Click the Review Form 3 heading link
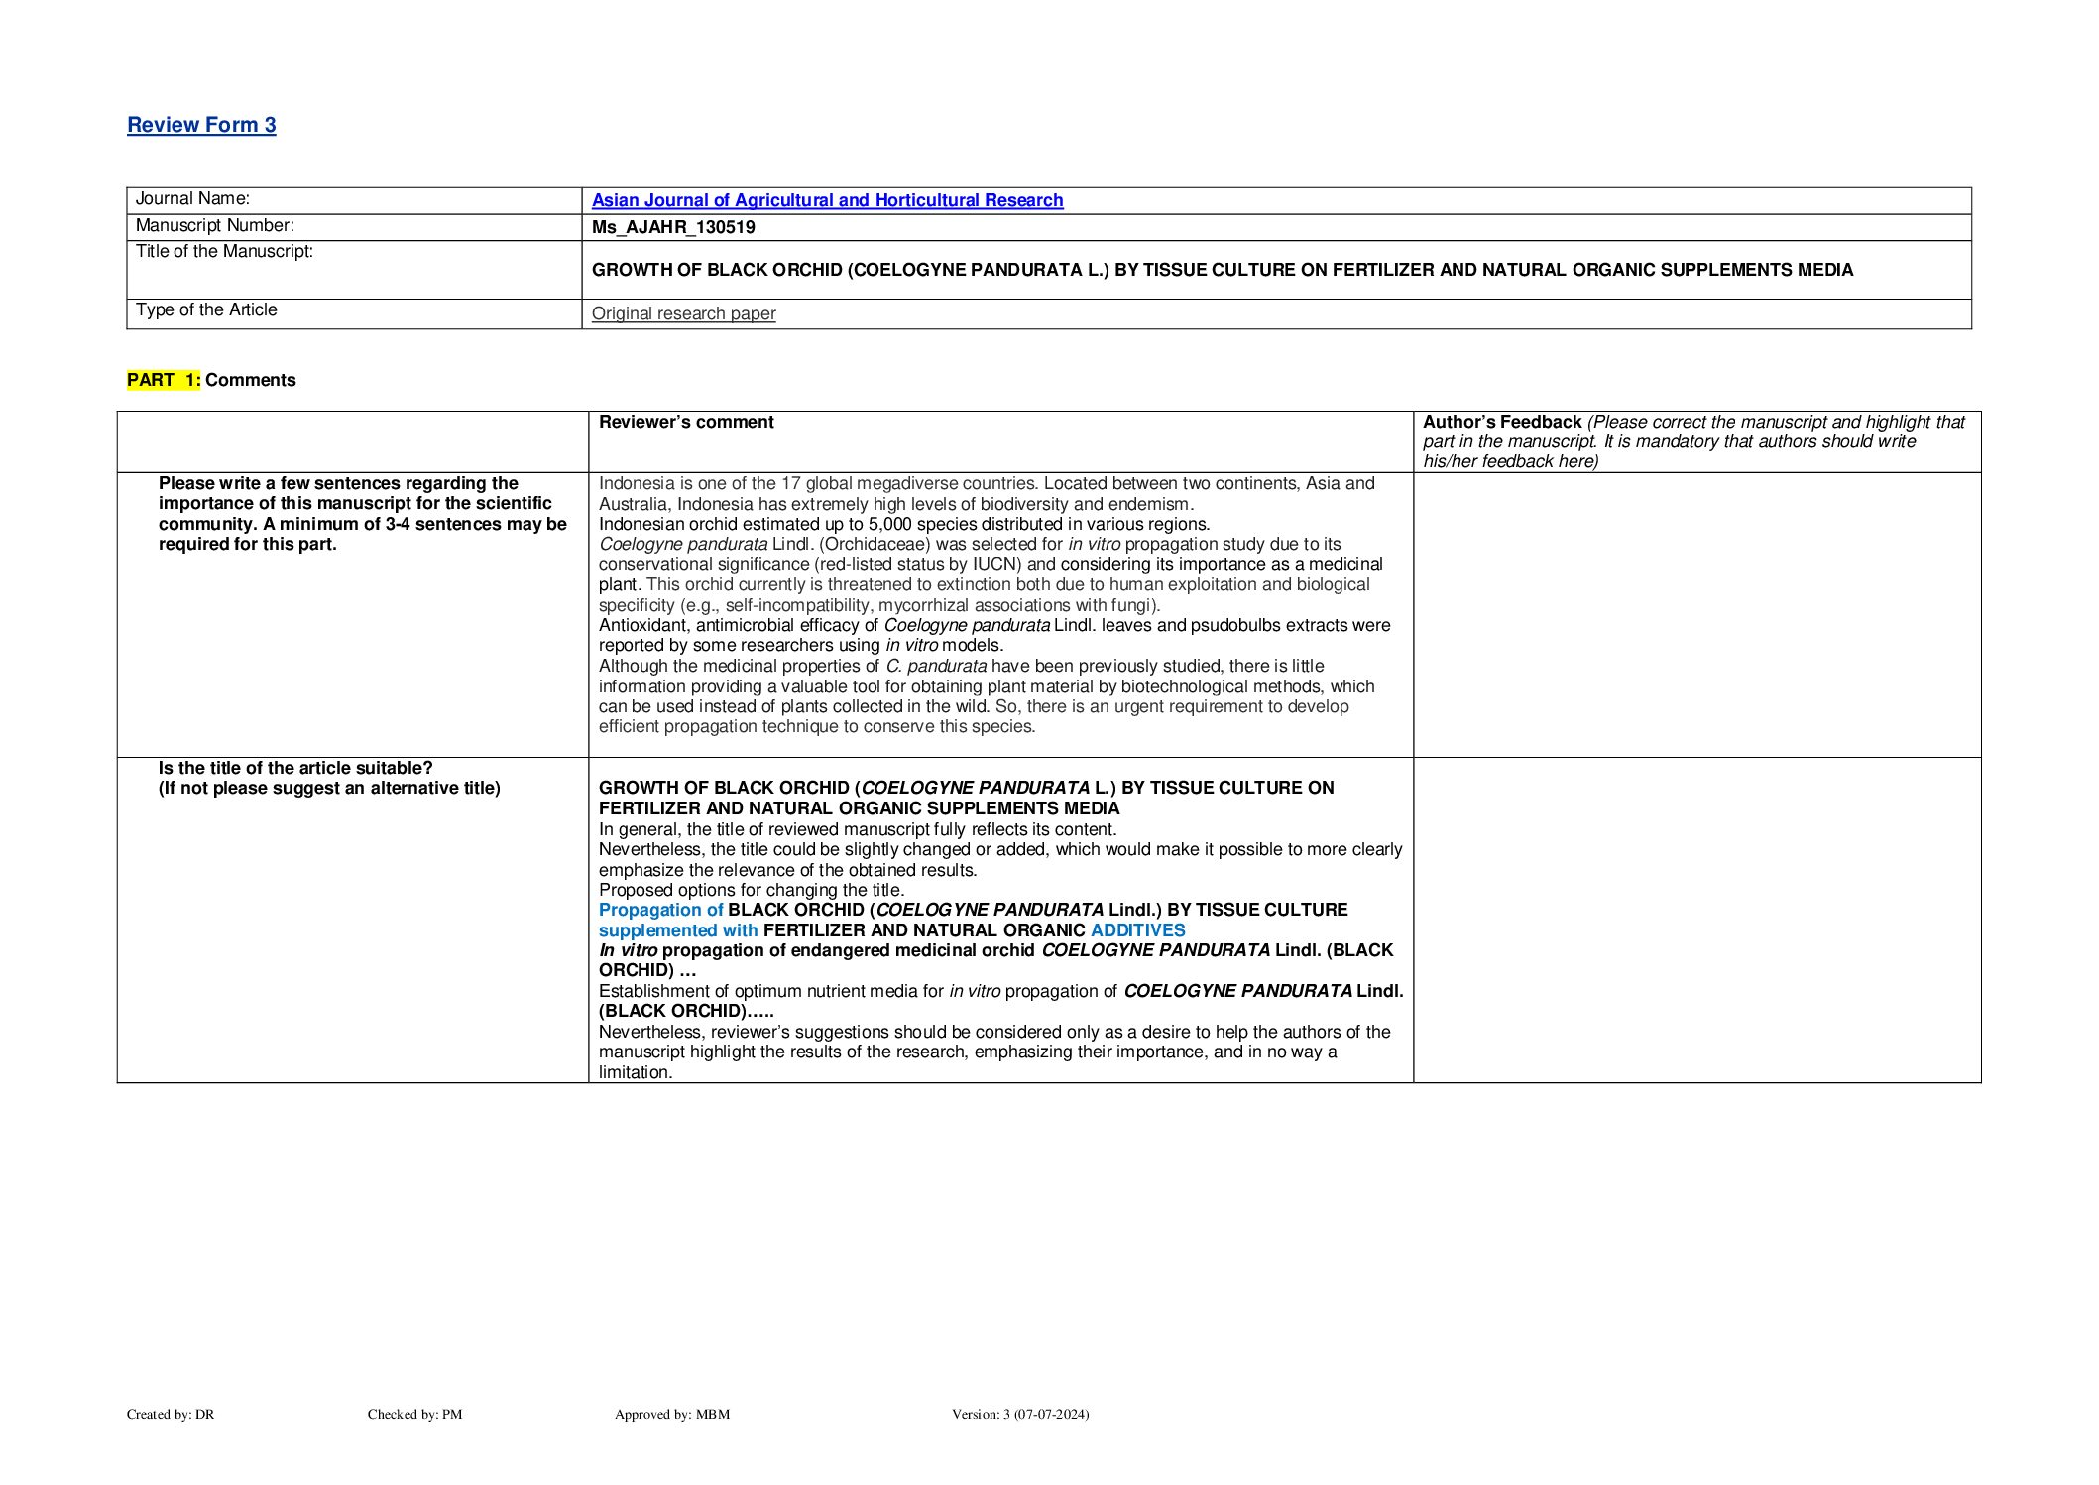click(x=201, y=125)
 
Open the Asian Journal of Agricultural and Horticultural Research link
click(x=827, y=200)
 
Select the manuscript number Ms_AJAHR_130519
click(x=673, y=227)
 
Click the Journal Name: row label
click(x=192, y=198)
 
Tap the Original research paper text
click(x=683, y=313)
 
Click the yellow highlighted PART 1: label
click(x=164, y=380)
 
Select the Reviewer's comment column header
click(x=686, y=422)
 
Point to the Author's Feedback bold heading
click(x=1501, y=422)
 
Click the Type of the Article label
click(x=206, y=309)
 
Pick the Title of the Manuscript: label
click(x=224, y=251)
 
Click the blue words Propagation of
click(x=660, y=910)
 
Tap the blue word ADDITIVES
click(x=1137, y=930)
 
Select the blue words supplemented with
click(x=677, y=930)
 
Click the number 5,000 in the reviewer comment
click(x=889, y=524)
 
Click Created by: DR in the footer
click(x=171, y=1414)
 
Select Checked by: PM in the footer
click(x=414, y=1414)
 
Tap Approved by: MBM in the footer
click(x=671, y=1414)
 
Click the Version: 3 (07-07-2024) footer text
click(x=1019, y=1414)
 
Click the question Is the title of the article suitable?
click(x=295, y=768)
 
